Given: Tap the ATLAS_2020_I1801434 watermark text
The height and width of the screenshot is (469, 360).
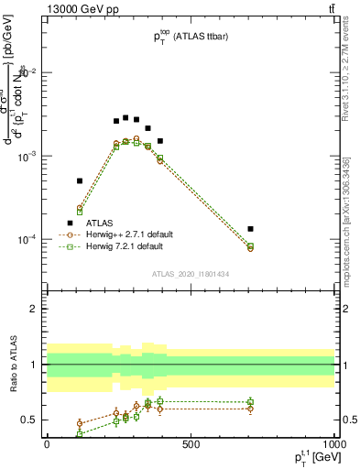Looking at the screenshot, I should coord(190,274).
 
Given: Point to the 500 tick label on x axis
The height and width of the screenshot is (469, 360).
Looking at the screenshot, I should coord(191,444).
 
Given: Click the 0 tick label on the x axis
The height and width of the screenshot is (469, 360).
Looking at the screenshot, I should coord(47,444).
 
